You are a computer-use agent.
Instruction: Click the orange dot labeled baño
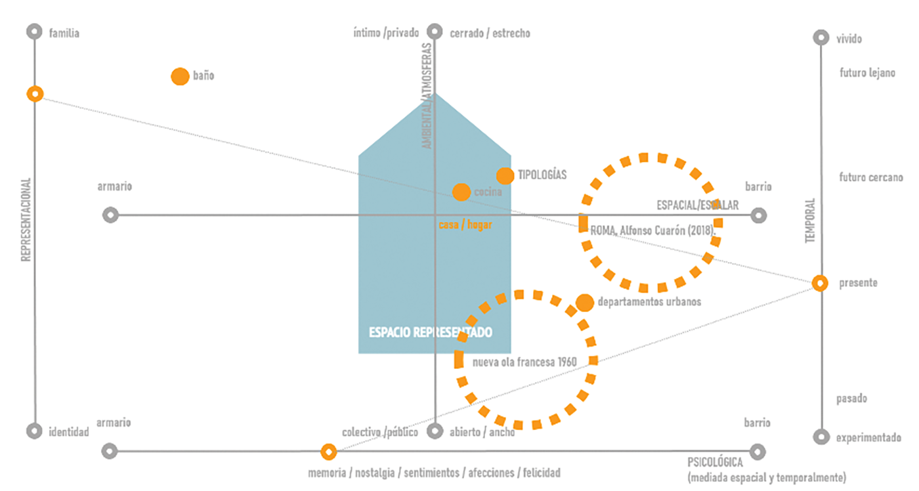pos(180,76)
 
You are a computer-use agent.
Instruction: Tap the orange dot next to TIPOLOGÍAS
pos(505,176)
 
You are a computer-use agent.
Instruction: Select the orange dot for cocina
pos(461,192)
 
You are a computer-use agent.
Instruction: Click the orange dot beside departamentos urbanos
pos(584,303)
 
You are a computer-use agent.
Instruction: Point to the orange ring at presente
pos(819,283)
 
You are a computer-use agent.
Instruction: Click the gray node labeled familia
pos(35,32)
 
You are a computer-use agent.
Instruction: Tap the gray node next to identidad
pos(35,431)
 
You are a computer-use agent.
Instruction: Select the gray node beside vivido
pos(820,37)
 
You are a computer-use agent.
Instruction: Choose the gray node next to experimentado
pos(820,437)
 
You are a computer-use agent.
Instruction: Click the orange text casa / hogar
pos(465,225)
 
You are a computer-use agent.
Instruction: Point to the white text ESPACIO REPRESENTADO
pos(430,333)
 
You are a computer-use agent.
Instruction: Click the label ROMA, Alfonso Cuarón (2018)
pos(652,230)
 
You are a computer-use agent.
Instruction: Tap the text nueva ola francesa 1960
pos(525,362)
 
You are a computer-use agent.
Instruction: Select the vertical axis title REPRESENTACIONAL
pos(26,220)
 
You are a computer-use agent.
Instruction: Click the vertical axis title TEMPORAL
pos(809,221)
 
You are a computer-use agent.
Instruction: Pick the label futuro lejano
pos(866,73)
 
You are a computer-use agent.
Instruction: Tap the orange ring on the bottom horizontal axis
pos(328,452)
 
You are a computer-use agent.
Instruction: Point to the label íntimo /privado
pos(385,33)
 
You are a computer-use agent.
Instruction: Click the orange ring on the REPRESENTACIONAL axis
pos(35,94)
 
